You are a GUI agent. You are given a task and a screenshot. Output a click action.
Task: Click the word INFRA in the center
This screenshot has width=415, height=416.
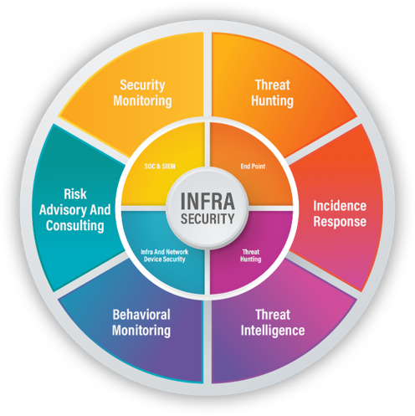click(207, 201)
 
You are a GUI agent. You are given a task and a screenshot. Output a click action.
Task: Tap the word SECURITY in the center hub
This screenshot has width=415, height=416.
click(207, 218)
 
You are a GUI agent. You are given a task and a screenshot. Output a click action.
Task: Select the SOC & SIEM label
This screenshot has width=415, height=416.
click(160, 167)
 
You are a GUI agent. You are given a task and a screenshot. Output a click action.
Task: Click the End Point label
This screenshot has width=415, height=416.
click(253, 167)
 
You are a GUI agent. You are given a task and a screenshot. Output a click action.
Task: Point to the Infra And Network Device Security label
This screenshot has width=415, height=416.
click(165, 255)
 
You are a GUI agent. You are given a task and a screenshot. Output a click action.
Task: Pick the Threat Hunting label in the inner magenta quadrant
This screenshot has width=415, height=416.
click(251, 255)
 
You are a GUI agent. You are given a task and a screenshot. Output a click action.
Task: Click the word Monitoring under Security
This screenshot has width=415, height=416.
click(142, 100)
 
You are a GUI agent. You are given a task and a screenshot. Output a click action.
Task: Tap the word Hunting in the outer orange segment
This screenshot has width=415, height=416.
click(272, 100)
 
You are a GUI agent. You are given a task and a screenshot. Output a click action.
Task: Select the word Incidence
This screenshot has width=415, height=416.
click(340, 206)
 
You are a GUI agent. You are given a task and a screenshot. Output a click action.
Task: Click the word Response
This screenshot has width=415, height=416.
click(340, 222)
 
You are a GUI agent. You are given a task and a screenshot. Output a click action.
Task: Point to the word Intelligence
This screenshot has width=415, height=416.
click(273, 331)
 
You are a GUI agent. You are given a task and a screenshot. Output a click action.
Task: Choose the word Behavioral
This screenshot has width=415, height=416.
click(141, 315)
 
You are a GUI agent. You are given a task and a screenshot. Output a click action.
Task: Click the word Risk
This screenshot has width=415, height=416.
click(75, 194)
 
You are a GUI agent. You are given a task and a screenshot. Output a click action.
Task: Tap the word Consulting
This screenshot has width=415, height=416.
click(75, 226)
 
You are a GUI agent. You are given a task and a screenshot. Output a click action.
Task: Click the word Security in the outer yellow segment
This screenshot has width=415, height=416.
click(142, 85)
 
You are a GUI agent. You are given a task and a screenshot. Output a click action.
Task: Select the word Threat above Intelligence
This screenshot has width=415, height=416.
click(273, 315)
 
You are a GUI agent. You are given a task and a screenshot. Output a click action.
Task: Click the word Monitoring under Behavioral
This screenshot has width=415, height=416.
click(141, 331)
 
